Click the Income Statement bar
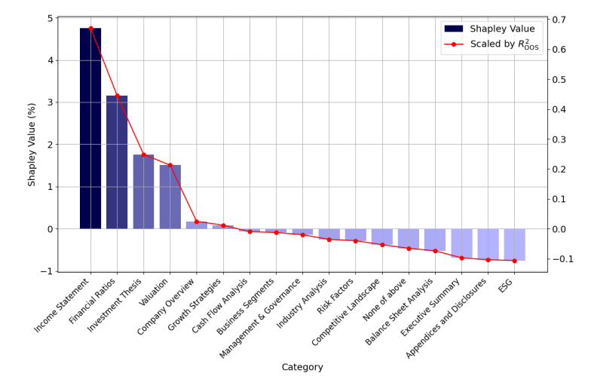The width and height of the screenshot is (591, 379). coord(90,128)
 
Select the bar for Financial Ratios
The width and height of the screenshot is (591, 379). coord(117,162)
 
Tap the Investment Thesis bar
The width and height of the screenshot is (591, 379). coord(143,191)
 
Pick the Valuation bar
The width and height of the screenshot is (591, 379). coord(170,197)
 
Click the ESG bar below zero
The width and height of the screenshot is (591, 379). coord(515,244)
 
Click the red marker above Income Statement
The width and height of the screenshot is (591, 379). coord(90,29)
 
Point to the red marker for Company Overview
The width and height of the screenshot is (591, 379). coord(197,222)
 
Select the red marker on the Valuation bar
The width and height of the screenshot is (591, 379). coord(170,165)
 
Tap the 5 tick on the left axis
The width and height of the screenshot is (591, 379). coord(50,18)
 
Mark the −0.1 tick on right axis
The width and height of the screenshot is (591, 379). coord(562,259)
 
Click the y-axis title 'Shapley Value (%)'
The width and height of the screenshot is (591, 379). coord(32,145)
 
